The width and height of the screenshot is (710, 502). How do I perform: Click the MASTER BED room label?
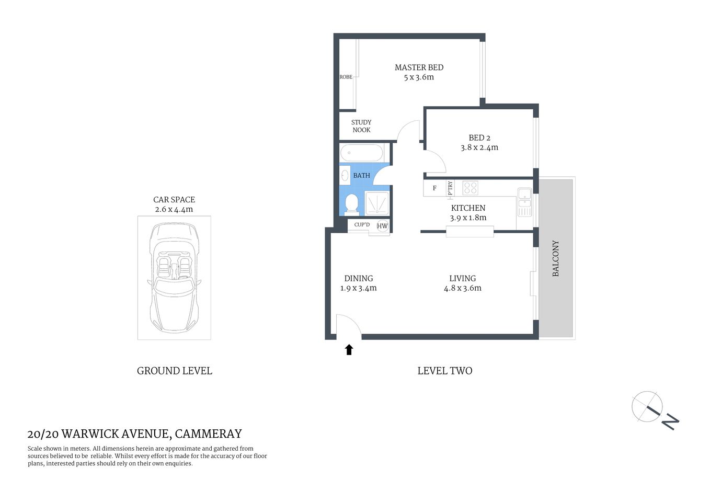point(419,67)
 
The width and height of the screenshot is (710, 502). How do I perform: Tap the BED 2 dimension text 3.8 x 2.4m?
point(479,147)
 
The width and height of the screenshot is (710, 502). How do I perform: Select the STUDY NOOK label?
point(361,126)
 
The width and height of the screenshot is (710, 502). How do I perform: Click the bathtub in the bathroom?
point(362,153)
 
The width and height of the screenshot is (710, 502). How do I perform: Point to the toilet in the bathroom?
point(351,203)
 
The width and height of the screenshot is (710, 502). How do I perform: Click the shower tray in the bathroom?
point(377,203)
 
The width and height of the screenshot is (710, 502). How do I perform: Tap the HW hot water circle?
point(382,226)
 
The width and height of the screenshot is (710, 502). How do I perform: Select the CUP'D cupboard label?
point(362,225)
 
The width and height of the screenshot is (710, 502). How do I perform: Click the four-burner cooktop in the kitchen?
point(470,188)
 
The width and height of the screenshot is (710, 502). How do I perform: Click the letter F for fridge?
point(434,188)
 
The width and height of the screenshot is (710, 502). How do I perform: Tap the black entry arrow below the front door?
point(349,349)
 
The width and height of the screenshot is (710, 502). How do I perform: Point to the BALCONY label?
point(556,258)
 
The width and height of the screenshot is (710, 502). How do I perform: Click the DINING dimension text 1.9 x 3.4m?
point(358,288)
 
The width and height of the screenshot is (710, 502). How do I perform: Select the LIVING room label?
point(462,279)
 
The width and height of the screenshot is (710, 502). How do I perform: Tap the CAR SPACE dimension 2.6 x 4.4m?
point(174,210)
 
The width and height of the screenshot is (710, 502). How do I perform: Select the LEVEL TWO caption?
point(444,371)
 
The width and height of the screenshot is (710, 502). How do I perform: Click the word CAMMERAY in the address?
point(208,433)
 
